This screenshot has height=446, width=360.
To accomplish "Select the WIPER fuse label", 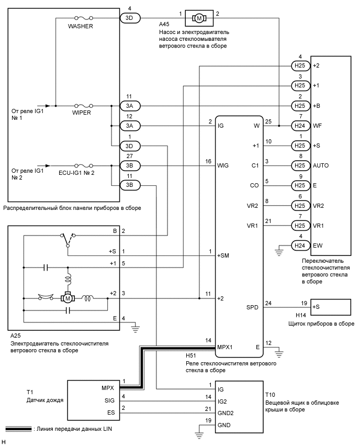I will (x=81, y=113).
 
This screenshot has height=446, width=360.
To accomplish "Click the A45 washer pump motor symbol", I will (x=199, y=18).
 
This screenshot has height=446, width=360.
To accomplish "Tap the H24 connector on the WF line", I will (x=299, y=126).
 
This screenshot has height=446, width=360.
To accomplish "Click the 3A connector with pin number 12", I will (x=130, y=126).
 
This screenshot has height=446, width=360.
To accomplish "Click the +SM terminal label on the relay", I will (x=224, y=255).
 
